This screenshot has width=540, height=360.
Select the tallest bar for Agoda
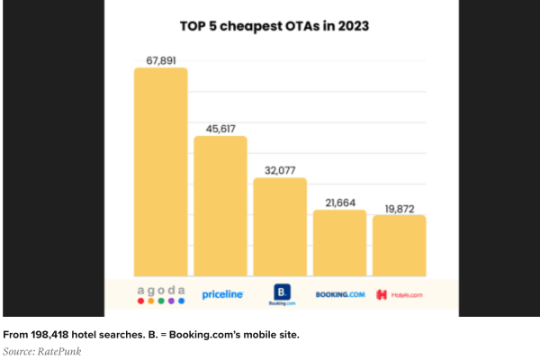(160, 171)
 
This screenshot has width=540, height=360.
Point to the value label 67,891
(160, 60)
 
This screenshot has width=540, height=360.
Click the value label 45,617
(220, 128)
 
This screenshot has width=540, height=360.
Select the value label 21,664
(339, 202)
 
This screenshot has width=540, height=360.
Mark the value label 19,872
(399, 207)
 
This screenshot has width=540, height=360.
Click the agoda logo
(161, 293)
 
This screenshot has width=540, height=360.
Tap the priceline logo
(222, 293)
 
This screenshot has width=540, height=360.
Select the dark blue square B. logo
(281, 292)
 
